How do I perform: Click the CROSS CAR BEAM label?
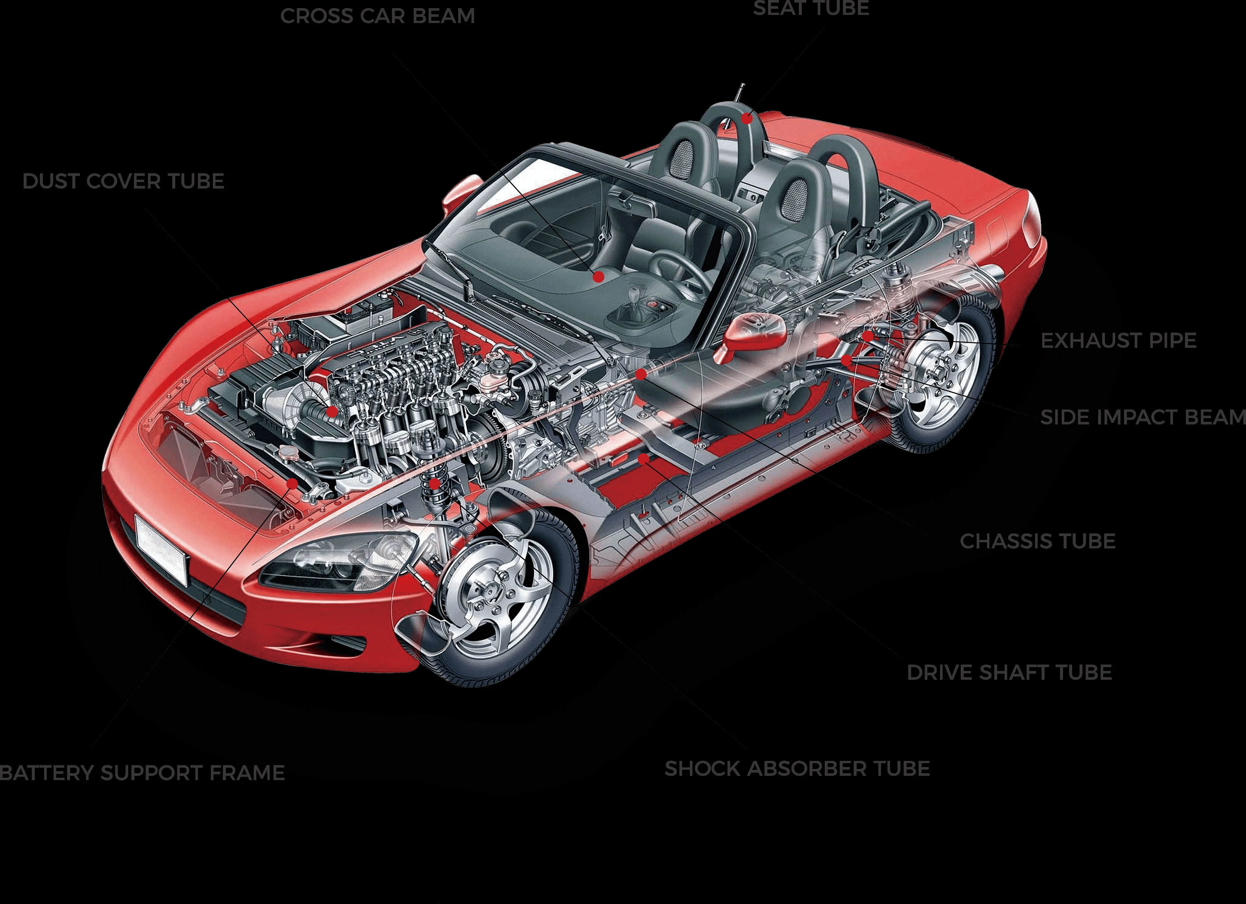[x=377, y=16]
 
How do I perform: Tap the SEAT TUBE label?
[x=811, y=8]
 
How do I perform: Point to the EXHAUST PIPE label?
[x=1118, y=341]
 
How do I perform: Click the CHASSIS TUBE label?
[x=1037, y=541]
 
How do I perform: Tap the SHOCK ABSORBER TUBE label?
[x=797, y=769]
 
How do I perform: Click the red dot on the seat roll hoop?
[x=747, y=117]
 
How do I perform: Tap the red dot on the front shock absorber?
[x=434, y=483]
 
